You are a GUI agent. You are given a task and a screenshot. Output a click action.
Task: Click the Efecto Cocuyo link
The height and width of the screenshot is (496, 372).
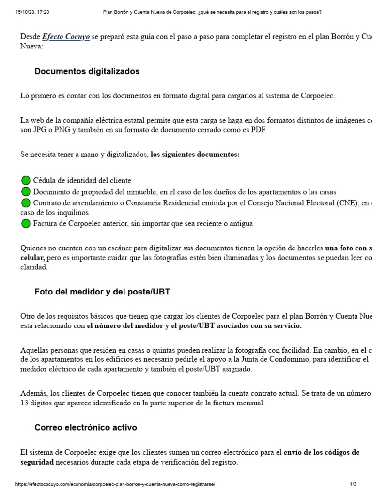coord(65,37)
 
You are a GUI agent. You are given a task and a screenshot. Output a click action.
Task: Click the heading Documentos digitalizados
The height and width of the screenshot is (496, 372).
coord(87,71)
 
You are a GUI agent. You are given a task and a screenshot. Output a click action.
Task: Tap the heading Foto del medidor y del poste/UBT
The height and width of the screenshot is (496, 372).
coord(102,292)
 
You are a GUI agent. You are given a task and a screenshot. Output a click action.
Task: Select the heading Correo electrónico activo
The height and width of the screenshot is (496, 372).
coord(85,428)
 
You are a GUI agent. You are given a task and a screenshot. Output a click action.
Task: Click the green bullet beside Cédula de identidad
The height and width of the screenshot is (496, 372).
coord(26,181)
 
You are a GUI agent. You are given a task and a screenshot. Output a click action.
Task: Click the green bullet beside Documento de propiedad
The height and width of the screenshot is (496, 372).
coord(26,192)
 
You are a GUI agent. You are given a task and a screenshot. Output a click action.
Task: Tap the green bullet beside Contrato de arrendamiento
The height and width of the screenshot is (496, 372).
coord(26,203)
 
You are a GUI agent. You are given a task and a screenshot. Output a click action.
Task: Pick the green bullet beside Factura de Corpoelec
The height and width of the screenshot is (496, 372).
coord(26,223)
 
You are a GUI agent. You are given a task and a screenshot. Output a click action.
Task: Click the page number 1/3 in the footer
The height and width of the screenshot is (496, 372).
coord(353,484)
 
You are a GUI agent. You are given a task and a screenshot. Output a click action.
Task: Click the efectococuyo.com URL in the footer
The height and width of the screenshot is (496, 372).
coord(115,484)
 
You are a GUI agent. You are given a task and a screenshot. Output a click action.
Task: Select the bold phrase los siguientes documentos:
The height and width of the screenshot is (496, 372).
coord(195,155)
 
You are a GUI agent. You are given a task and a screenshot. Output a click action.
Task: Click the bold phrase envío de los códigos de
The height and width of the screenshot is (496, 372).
coord(321,452)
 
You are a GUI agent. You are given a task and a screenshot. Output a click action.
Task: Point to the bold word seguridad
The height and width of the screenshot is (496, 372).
coord(37,462)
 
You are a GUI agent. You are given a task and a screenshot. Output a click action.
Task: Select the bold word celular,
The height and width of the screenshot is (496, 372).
coord(32,257)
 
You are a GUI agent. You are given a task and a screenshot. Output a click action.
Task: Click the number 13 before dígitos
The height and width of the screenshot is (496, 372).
coord(24,403)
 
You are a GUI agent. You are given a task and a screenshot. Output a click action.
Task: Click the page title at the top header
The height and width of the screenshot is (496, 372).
coord(212,11)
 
